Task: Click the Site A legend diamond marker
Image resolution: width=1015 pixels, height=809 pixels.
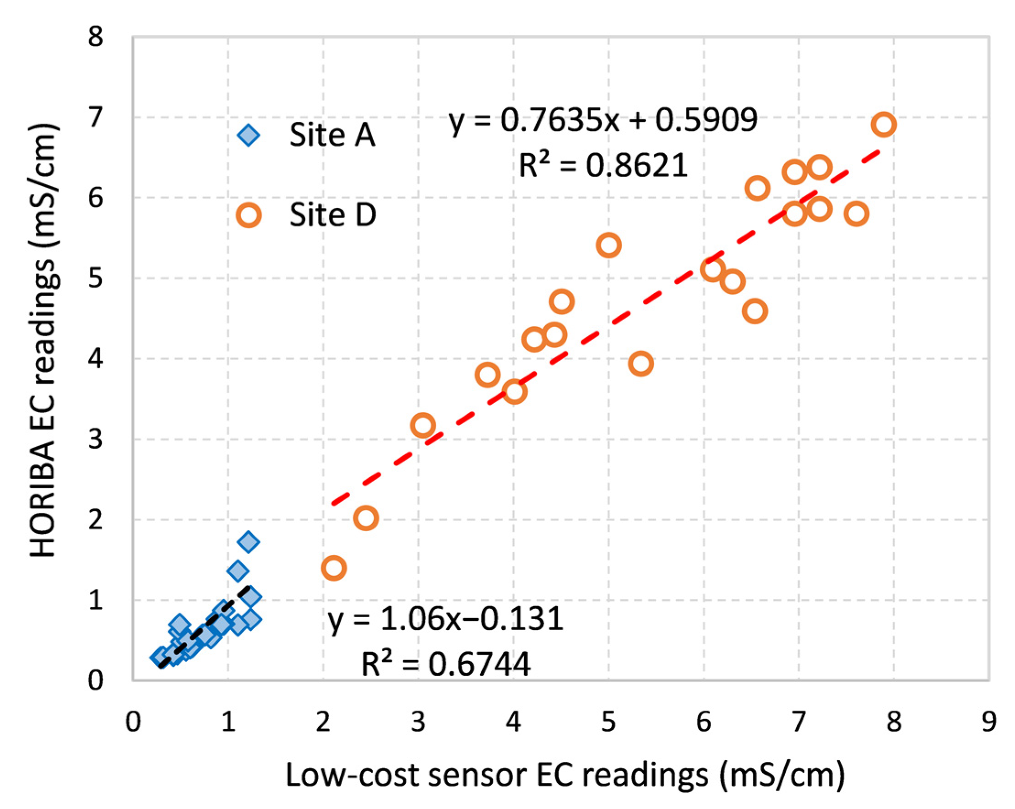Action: tap(248, 135)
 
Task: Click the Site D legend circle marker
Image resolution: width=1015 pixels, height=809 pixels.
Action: tap(249, 216)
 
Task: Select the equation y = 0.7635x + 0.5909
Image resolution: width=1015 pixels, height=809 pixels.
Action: tap(603, 120)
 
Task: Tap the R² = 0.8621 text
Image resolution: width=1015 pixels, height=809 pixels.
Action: tap(603, 166)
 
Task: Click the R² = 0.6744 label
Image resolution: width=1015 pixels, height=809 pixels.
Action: tap(445, 664)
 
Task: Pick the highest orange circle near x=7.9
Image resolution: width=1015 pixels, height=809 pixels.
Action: tap(883, 125)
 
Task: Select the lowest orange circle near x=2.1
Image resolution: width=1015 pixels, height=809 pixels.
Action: tap(334, 568)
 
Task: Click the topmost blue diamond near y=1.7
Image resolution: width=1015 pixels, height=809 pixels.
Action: tap(249, 542)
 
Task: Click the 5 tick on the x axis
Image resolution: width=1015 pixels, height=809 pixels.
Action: tap(608, 722)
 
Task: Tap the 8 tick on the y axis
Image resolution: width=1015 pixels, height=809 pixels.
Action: tap(96, 37)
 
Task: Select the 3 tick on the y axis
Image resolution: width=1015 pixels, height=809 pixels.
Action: tap(96, 439)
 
